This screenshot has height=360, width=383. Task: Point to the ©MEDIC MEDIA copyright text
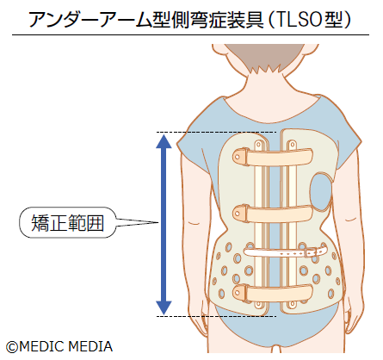[x=59, y=346]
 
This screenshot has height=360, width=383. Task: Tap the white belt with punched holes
[x=288, y=252]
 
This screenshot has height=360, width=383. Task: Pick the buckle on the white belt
[x=255, y=253]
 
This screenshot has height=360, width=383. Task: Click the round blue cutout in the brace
[x=320, y=191]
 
